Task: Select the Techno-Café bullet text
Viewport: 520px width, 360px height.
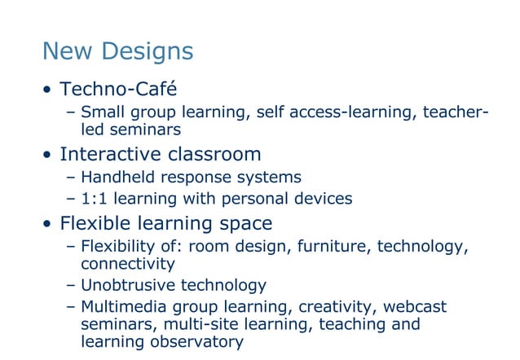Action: click(118, 88)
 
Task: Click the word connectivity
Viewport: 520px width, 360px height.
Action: click(128, 264)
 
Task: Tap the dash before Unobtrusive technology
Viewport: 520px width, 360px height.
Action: click(70, 286)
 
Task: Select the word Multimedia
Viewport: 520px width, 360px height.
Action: click(125, 306)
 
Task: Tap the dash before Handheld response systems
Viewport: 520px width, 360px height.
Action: click(70, 178)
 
